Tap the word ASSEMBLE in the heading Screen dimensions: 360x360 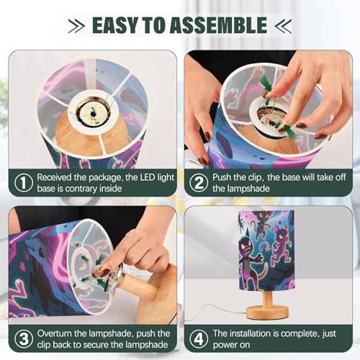(x=219, y=25)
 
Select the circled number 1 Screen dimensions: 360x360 (x=24, y=183)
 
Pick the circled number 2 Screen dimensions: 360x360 (x=199, y=183)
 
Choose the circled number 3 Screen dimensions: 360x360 (x=24, y=339)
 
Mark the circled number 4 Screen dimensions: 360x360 (x=199, y=339)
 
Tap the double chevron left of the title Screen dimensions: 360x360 (x=76, y=25)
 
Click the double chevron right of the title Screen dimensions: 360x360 (x=284, y=25)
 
